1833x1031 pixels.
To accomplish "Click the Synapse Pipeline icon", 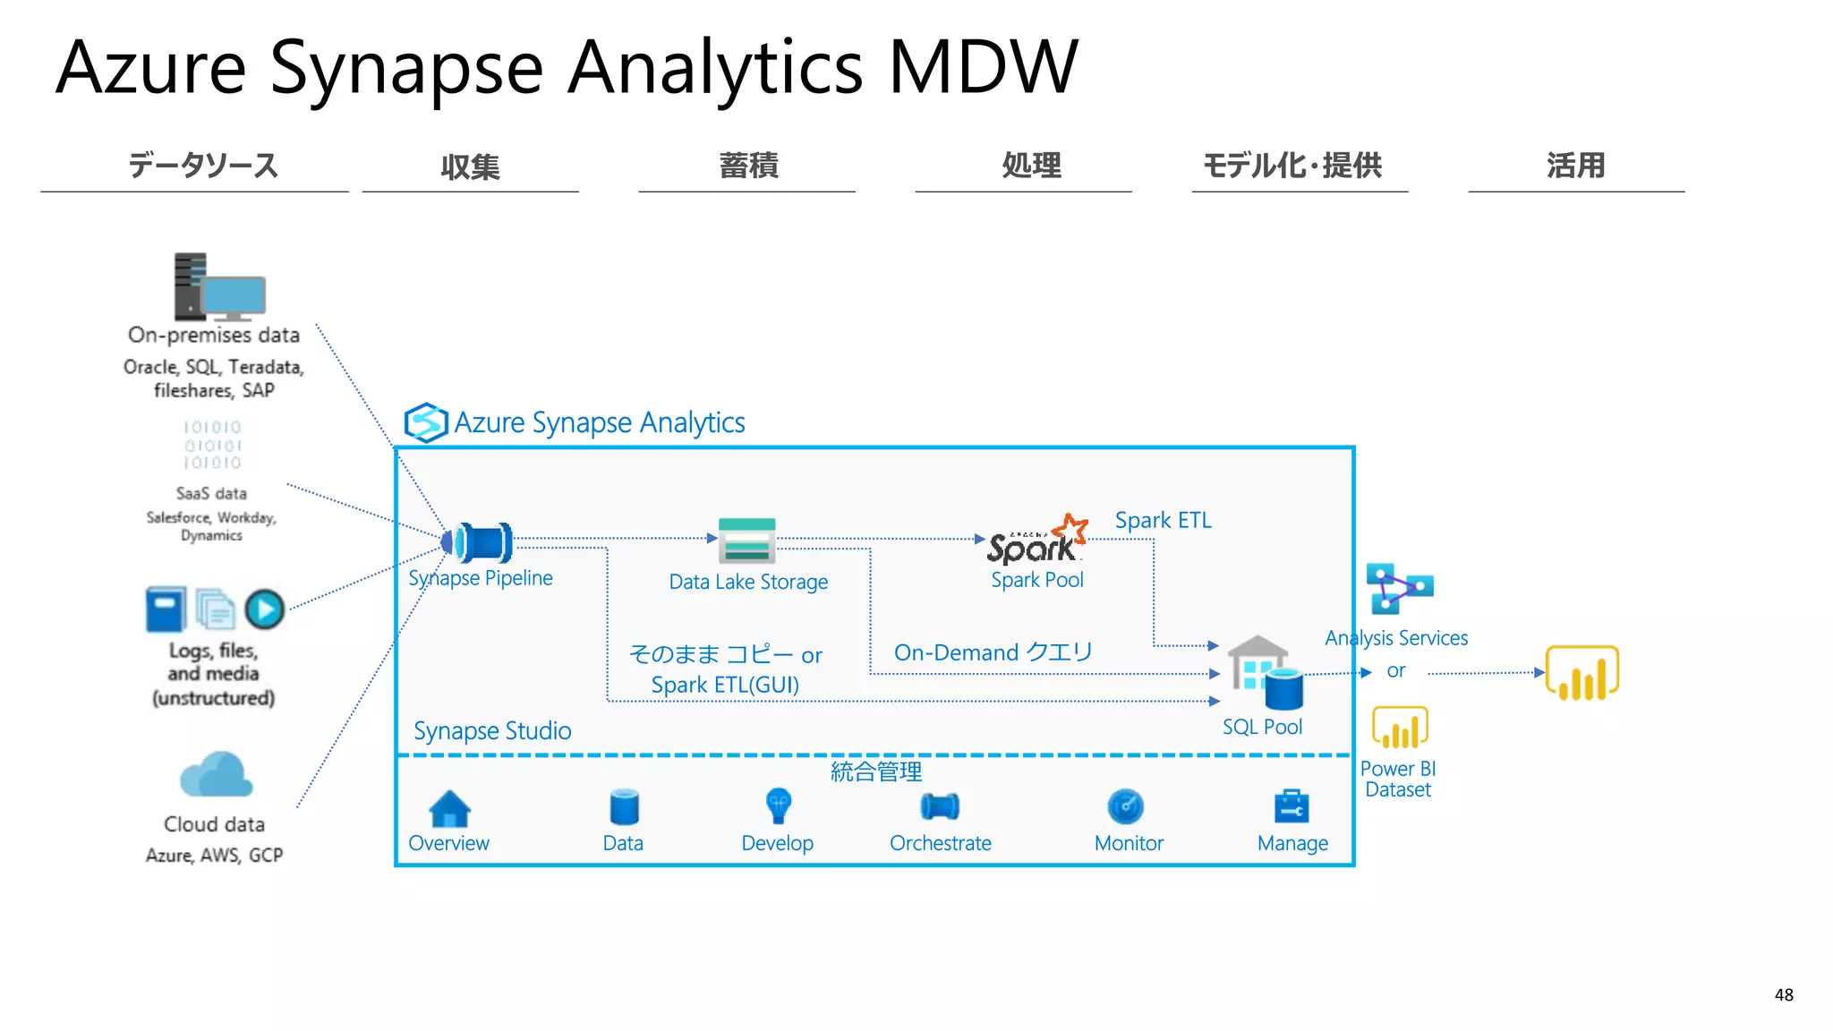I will (481, 541).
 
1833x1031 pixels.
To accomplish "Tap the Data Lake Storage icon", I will (746, 540).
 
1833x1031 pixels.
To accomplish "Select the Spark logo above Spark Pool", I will (1036, 541).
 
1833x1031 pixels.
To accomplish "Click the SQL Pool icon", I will (1265, 674).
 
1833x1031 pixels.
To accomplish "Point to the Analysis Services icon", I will (1398, 588).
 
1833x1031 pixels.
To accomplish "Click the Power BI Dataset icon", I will (1399, 728).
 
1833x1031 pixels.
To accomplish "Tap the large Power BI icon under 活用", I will (1581, 673).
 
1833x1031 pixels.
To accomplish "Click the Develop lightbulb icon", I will (778, 805).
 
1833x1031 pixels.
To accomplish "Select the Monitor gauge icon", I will (1125, 806).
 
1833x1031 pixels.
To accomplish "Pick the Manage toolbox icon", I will (1291, 806).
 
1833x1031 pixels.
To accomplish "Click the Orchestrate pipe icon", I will (940, 806).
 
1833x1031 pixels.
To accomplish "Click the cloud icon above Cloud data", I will (216, 775).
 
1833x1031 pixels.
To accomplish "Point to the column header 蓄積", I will (748, 166).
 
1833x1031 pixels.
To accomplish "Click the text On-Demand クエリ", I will (993, 652).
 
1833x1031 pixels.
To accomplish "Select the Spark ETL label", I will (1163, 520).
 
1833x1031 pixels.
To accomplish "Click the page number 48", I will (1783, 994).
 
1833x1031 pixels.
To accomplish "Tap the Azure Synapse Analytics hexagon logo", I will (425, 422).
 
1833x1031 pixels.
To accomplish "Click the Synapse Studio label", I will (492, 730).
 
